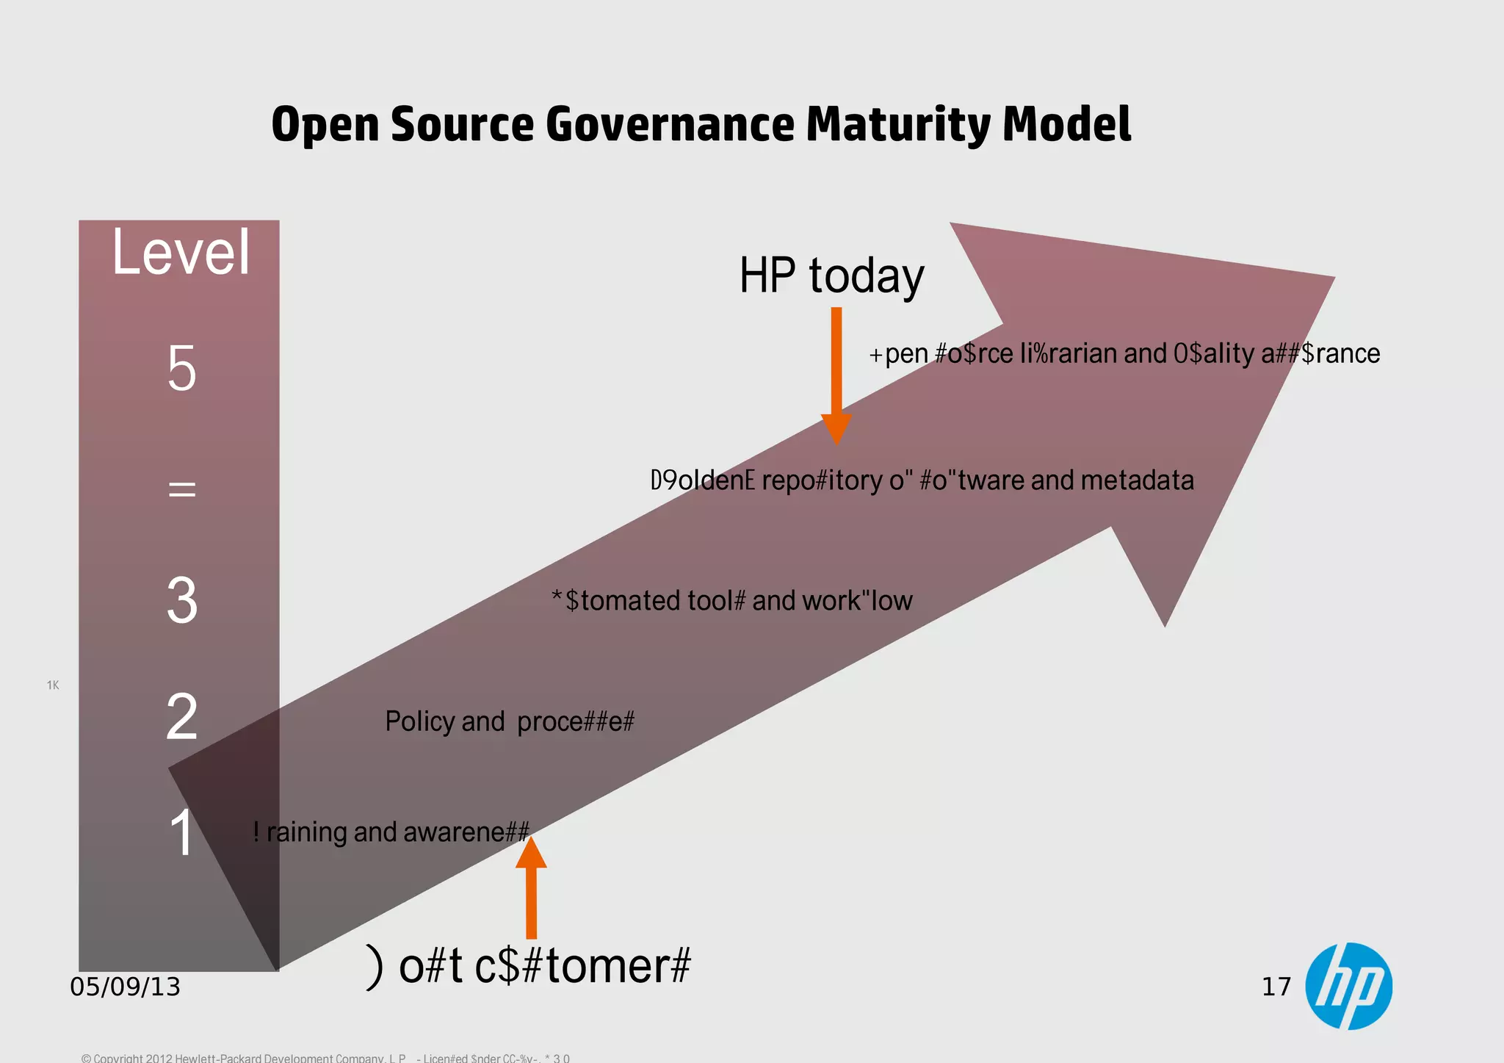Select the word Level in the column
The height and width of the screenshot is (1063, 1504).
[x=181, y=252]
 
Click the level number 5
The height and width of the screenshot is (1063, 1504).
[x=181, y=369]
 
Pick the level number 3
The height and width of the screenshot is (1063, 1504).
[x=181, y=600]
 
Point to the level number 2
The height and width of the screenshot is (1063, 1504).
[x=181, y=717]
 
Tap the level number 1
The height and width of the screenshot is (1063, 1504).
[x=181, y=833]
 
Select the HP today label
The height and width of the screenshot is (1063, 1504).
[x=831, y=276]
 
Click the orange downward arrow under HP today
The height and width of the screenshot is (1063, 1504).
[x=836, y=375]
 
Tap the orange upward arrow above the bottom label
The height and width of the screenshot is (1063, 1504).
[x=531, y=889]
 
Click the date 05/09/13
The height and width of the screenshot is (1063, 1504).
[x=125, y=987]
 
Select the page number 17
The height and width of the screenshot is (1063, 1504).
[x=1276, y=987]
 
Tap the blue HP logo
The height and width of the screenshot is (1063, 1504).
[x=1348, y=986]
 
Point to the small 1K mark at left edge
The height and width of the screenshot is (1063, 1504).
[x=53, y=685]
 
